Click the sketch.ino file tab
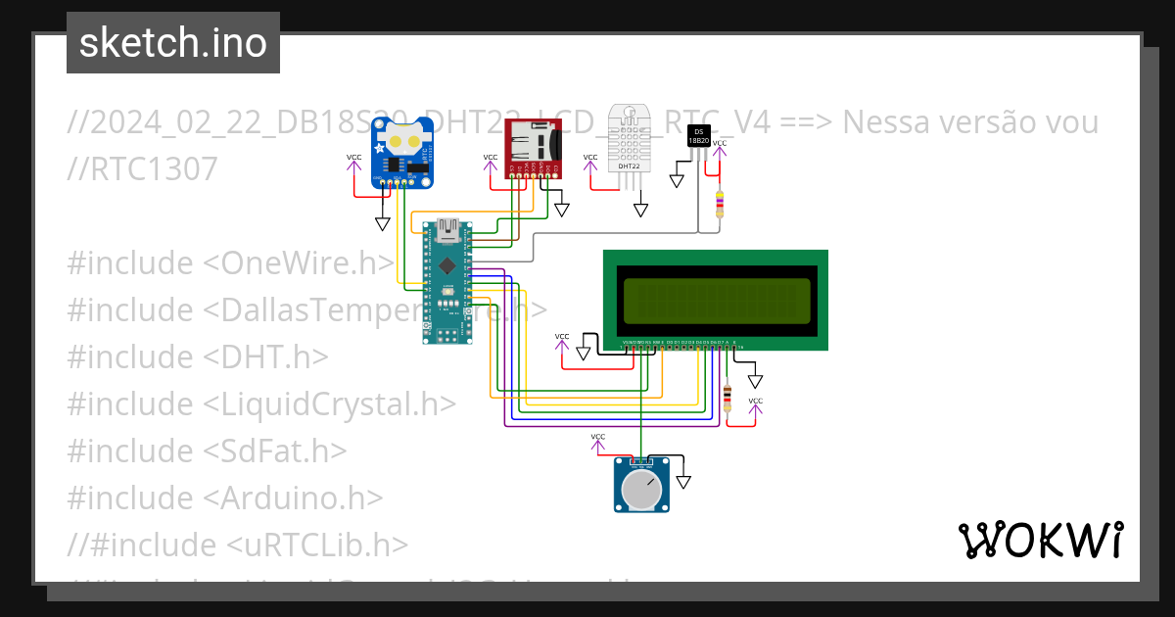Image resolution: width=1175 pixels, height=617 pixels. click(173, 43)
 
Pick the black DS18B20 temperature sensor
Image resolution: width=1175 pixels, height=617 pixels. click(698, 135)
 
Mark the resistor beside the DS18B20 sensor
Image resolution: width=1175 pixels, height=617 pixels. click(720, 204)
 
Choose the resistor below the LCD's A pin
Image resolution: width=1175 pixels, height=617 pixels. click(727, 399)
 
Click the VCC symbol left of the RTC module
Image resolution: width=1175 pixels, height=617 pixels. click(353, 160)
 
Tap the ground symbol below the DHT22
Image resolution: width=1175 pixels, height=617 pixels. click(640, 209)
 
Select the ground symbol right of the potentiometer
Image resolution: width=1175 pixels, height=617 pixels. click(683, 481)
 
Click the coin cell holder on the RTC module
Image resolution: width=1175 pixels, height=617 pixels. click(403, 138)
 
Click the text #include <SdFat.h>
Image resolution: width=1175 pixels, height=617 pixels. click(207, 451)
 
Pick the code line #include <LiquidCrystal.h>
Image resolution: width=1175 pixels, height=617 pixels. click(261, 403)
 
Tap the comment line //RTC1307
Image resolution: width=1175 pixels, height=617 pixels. click(143, 169)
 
